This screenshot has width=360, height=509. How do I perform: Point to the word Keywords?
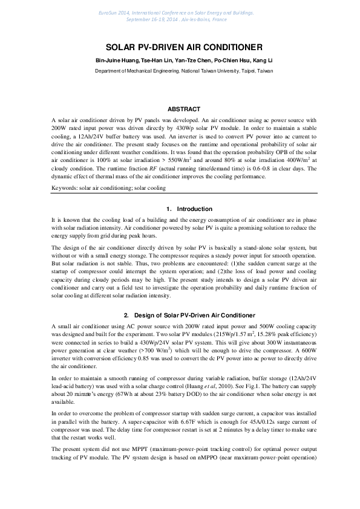[x=64, y=189]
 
